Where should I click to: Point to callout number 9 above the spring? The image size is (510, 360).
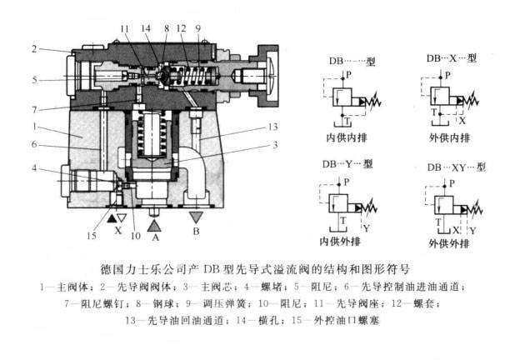198,29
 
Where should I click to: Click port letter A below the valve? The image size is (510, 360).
154,237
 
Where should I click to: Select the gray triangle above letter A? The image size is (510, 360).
154,222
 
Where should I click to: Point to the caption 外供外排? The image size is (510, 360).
447,244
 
